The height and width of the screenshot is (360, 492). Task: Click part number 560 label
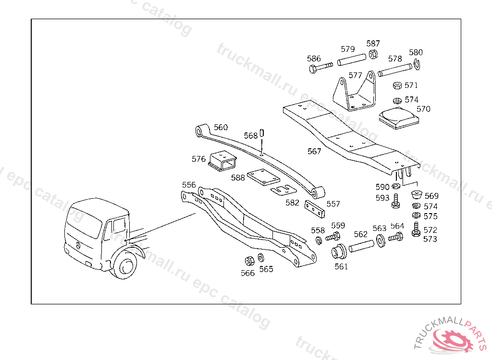pyautogui.click(x=221, y=128)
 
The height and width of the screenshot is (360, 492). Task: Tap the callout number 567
pyautogui.click(x=314, y=151)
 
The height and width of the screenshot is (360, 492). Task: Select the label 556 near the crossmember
pyautogui.click(x=189, y=185)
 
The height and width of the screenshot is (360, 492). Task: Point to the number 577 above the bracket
pyautogui.click(x=356, y=75)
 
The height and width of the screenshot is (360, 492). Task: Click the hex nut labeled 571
pyautogui.click(x=397, y=86)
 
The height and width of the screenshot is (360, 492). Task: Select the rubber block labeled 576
pyautogui.click(x=223, y=160)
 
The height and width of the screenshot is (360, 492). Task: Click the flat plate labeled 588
pyautogui.click(x=262, y=177)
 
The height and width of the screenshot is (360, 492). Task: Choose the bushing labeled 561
pyautogui.click(x=340, y=251)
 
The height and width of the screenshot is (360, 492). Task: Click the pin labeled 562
pyautogui.click(x=361, y=246)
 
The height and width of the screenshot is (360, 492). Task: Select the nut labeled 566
pyautogui.click(x=249, y=261)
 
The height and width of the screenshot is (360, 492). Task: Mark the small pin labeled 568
pyautogui.click(x=262, y=132)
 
